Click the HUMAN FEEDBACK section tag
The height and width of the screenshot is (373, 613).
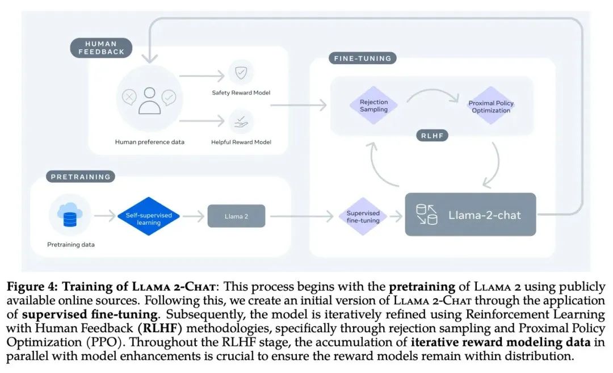click(x=101, y=48)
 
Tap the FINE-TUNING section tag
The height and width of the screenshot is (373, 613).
click(x=362, y=58)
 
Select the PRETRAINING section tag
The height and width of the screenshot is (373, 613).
click(x=81, y=177)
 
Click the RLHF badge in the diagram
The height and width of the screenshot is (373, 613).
click(x=432, y=136)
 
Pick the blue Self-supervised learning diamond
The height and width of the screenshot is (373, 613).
click(x=149, y=216)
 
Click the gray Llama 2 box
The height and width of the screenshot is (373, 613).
click(x=236, y=216)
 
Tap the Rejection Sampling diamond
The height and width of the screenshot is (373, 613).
click(x=373, y=106)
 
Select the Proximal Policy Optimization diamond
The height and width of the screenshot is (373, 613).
click(x=491, y=106)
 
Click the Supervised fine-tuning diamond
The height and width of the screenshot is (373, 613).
click(x=363, y=217)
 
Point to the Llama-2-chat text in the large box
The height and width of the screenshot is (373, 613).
click(x=484, y=215)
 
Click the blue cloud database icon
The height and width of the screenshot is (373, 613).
click(x=70, y=215)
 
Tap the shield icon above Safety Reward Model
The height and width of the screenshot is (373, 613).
click(x=241, y=72)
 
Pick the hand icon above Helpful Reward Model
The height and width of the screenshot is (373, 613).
click(x=241, y=122)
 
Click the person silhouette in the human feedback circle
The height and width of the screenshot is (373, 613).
click(x=149, y=100)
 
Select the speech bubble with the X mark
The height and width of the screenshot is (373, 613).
click(x=129, y=97)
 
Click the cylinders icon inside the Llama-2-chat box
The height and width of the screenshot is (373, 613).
click(x=426, y=215)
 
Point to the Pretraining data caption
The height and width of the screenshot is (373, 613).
click(x=71, y=244)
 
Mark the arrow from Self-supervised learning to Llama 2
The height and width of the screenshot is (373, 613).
click(x=194, y=216)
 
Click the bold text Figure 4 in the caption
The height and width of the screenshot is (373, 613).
click(x=32, y=287)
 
